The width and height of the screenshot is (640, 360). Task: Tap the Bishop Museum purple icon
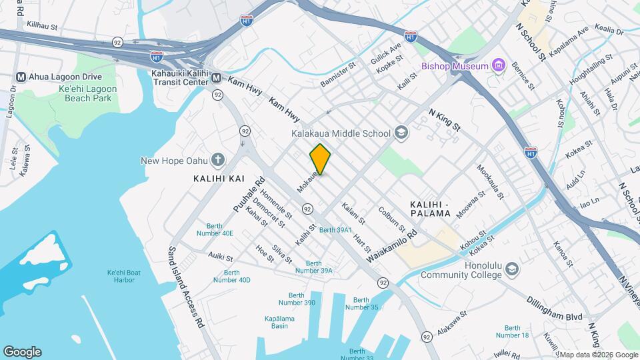497,65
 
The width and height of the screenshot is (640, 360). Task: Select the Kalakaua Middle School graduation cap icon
401,133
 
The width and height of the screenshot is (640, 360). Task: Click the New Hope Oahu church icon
217,160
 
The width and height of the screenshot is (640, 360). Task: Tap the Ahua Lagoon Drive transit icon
21,76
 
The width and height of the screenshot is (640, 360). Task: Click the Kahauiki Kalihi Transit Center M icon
216,79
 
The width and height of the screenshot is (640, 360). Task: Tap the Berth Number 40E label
215,229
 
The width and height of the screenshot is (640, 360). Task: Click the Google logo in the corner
22,352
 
